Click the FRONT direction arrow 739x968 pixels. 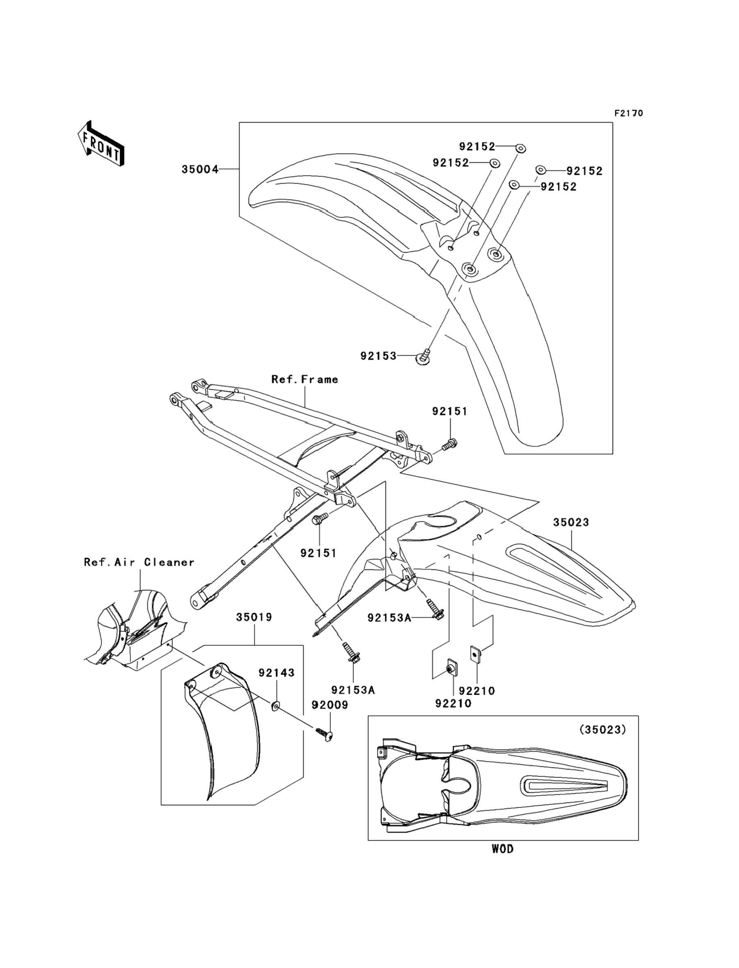pyautogui.click(x=101, y=143)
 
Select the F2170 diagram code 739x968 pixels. pyautogui.click(x=628, y=113)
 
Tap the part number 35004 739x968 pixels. pyautogui.click(x=200, y=169)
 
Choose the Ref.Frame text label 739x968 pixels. pyautogui.click(x=305, y=379)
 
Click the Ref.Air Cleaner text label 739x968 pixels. pyautogui.click(x=139, y=562)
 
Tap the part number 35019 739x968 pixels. pyautogui.click(x=254, y=617)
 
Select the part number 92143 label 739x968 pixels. pyautogui.click(x=276, y=673)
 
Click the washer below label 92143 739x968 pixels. pyautogui.click(x=276, y=706)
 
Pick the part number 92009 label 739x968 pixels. pyautogui.click(x=330, y=705)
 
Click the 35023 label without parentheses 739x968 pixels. pyautogui.click(x=571, y=522)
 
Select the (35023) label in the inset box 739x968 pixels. pyautogui.click(x=603, y=730)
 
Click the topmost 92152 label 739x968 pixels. pyautogui.click(x=477, y=147)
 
